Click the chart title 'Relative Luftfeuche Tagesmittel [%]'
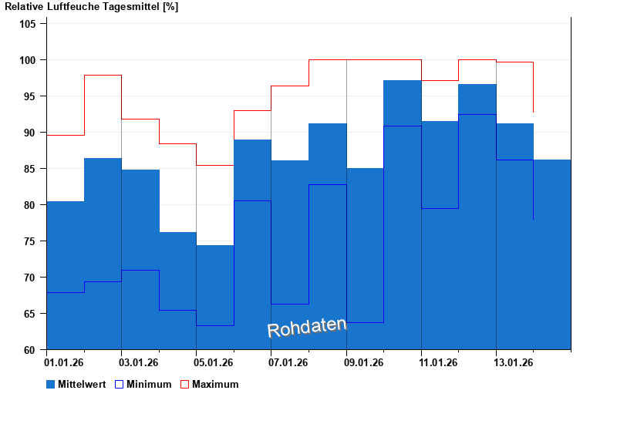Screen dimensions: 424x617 (x=91, y=7)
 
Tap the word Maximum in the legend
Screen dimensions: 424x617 (x=215, y=384)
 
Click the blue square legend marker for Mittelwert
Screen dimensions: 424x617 (x=51, y=384)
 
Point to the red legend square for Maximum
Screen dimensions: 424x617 (x=184, y=384)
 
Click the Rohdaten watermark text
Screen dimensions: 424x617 (x=307, y=328)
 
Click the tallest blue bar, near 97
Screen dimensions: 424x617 (x=402, y=216)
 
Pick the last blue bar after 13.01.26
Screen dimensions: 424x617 (x=551, y=254)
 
